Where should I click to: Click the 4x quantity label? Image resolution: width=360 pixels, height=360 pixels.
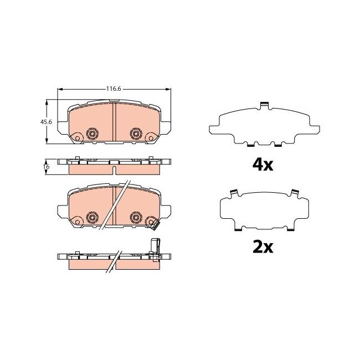click(x=263, y=164)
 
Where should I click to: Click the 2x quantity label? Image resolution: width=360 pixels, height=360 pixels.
click(x=263, y=247)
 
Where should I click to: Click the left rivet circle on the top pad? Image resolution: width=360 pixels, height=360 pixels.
click(x=92, y=134)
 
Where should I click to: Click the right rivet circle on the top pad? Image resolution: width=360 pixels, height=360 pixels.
click(x=135, y=134)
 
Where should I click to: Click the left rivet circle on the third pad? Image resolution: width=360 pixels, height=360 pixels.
click(x=92, y=217)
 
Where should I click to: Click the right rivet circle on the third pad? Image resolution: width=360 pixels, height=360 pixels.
click(x=135, y=217)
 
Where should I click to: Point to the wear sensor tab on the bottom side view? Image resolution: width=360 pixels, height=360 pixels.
click(x=155, y=246)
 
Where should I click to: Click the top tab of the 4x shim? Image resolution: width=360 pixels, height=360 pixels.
click(x=264, y=104)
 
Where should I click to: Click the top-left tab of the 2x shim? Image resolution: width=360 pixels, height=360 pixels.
click(x=234, y=193)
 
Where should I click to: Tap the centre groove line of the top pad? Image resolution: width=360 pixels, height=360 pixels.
click(x=114, y=122)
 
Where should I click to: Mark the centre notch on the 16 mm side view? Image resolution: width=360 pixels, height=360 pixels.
click(x=114, y=162)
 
